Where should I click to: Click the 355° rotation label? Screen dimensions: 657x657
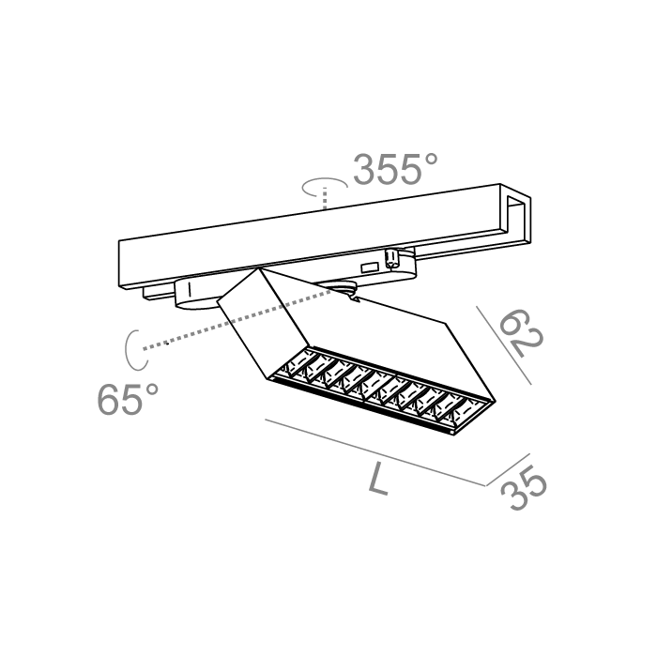point(394,170)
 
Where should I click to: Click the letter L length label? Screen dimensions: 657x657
point(378,481)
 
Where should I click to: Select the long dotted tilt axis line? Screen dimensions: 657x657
point(235,319)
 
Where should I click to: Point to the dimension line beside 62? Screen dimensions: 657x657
point(505,343)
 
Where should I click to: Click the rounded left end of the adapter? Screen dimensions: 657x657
point(182,294)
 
